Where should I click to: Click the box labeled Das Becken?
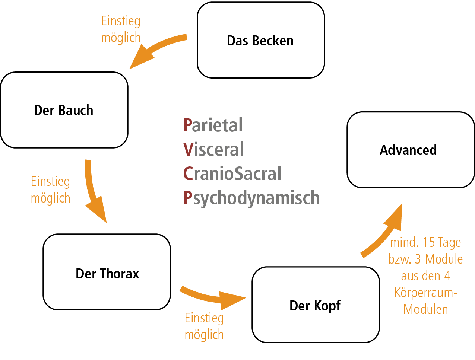click(260, 40)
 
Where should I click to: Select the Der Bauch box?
click(64, 110)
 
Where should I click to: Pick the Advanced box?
click(410, 150)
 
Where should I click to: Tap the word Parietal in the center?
click(213, 125)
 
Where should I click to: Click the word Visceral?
click(213, 149)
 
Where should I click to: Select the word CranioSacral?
click(232, 173)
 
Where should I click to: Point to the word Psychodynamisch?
click(251, 198)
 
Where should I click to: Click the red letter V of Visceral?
click(188, 149)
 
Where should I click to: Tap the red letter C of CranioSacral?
click(188, 173)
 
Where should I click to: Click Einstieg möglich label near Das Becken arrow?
click(121, 29)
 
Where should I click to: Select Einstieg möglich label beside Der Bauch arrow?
click(50, 189)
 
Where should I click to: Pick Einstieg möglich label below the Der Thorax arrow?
click(204, 326)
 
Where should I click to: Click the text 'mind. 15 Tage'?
click(425, 242)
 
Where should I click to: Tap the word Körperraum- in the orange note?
click(426, 293)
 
